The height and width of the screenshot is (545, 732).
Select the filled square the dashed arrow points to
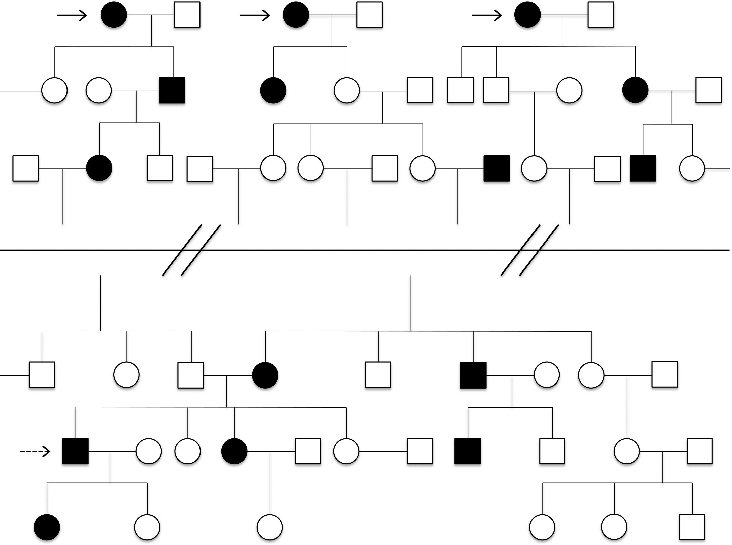76,451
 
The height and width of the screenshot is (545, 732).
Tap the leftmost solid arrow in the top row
72,15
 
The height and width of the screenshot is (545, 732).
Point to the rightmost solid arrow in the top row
487,15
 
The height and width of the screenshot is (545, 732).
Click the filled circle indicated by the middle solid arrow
296,15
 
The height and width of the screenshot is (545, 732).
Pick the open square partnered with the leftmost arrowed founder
187,15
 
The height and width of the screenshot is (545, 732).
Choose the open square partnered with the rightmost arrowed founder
601,15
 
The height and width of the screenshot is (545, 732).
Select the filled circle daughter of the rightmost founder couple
635,90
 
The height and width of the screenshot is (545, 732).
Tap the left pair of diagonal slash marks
192,250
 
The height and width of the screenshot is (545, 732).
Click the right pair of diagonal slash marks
530,250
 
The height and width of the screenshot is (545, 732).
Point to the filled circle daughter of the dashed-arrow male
47,527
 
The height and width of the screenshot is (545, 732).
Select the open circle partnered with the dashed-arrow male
149,451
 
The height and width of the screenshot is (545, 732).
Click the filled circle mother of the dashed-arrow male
265,375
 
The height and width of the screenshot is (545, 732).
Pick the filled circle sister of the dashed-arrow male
234,451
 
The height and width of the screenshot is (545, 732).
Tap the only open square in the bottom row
692,527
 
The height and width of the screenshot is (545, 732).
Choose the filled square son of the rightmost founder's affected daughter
643,169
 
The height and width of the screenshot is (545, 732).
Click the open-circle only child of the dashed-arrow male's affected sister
270,527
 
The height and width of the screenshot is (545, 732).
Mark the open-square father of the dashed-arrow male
191,375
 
